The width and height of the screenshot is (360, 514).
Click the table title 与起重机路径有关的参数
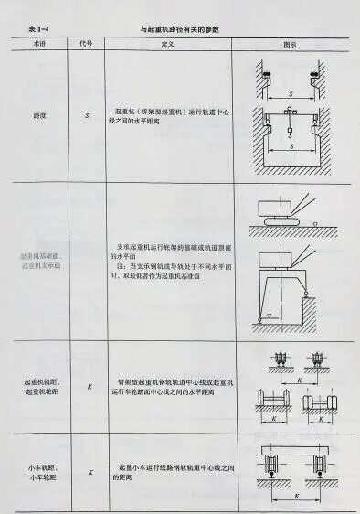coord(181,29)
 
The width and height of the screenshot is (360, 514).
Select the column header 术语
coord(41,42)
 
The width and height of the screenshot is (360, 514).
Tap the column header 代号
coord(89,42)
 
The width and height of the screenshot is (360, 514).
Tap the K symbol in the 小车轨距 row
coord(90,472)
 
